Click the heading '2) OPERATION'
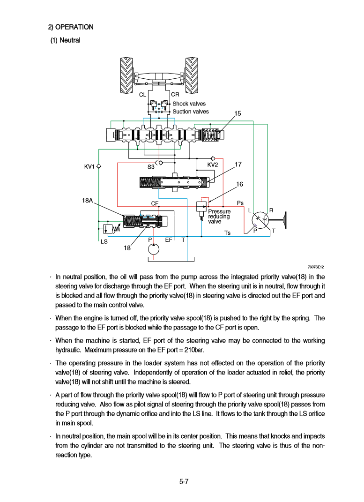[x=71, y=27]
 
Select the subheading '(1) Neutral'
[x=66, y=40]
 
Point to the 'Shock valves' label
[x=189, y=104]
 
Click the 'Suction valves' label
[x=191, y=112]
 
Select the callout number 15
[x=238, y=113]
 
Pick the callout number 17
[x=238, y=165]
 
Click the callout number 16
[x=239, y=184]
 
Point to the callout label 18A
[x=88, y=201]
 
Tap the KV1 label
[x=89, y=166]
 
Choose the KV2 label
[x=213, y=165]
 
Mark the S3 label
[x=151, y=167]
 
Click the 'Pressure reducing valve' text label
[x=219, y=217]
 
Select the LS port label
[x=104, y=242]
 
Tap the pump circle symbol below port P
[x=153, y=249]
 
